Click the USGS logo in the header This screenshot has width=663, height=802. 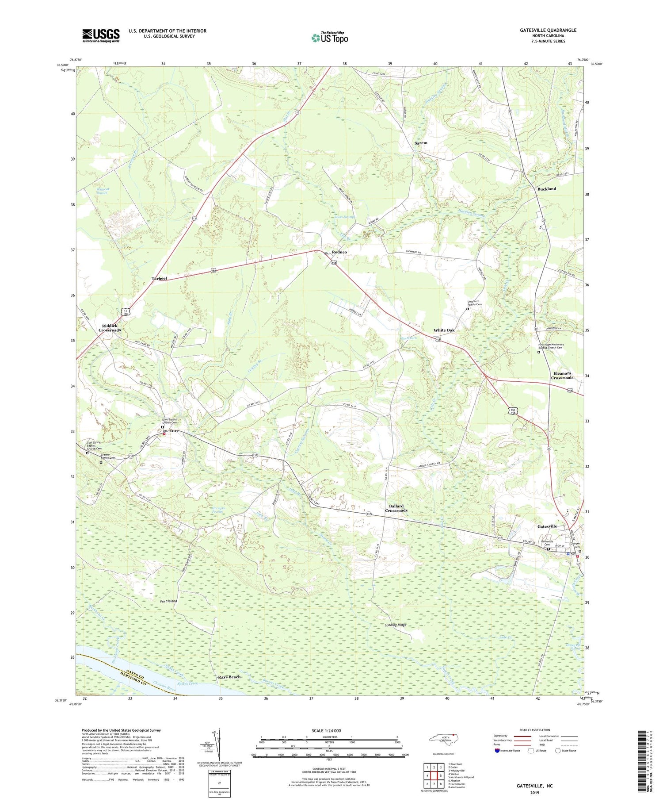(101, 35)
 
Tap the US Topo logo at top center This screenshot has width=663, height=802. (329, 38)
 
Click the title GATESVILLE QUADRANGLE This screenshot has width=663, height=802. (548, 30)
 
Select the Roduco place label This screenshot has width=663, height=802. (339, 252)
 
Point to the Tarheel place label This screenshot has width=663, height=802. (159, 278)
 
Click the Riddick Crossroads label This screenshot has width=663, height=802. (110, 328)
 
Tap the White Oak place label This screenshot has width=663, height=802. (444, 330)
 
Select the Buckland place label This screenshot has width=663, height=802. (547, 189)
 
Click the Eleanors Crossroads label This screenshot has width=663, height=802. (562, 376)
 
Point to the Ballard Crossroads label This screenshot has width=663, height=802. (396, 508)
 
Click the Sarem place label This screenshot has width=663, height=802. (421, 143)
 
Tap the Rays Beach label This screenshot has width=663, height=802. (229, 677)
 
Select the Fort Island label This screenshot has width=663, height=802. (168, 601)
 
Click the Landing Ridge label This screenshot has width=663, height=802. (395, 625)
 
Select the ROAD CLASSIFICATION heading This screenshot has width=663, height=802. (535, 730)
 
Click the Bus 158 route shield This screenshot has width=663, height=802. (513, 411)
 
